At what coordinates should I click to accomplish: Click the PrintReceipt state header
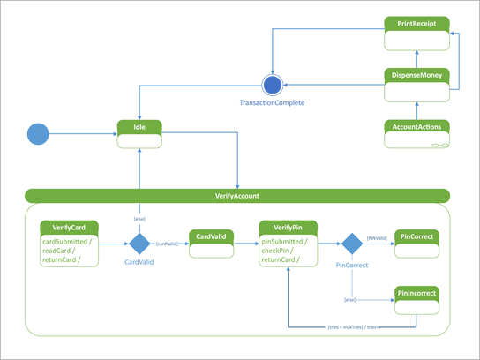tap(417, 23)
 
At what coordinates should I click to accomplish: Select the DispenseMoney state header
tap(417, 75)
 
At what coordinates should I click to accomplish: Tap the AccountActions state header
tap(417, 126)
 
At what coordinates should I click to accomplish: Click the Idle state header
tap(139, 127)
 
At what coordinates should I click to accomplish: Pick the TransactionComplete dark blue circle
tap(272, 85)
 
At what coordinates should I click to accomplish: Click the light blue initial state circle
tap(38, 134)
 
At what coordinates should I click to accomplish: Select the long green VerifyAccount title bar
tap(237, 196)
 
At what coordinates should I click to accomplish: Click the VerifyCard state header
tap(68, 227)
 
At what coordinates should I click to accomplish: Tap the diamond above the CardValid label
tap(139, 244)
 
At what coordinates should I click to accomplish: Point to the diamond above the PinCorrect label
tap(351, 244)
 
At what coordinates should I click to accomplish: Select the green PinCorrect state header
tap(416, 236)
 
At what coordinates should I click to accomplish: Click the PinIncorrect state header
tap(416, 293)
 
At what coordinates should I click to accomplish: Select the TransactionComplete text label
tap(272, 102)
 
